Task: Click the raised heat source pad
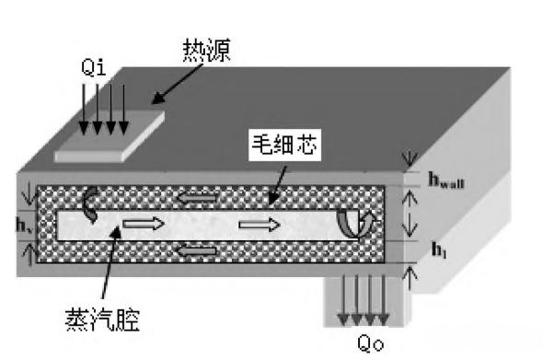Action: coord(109,139)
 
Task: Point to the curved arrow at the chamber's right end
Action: coord(352,222)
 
